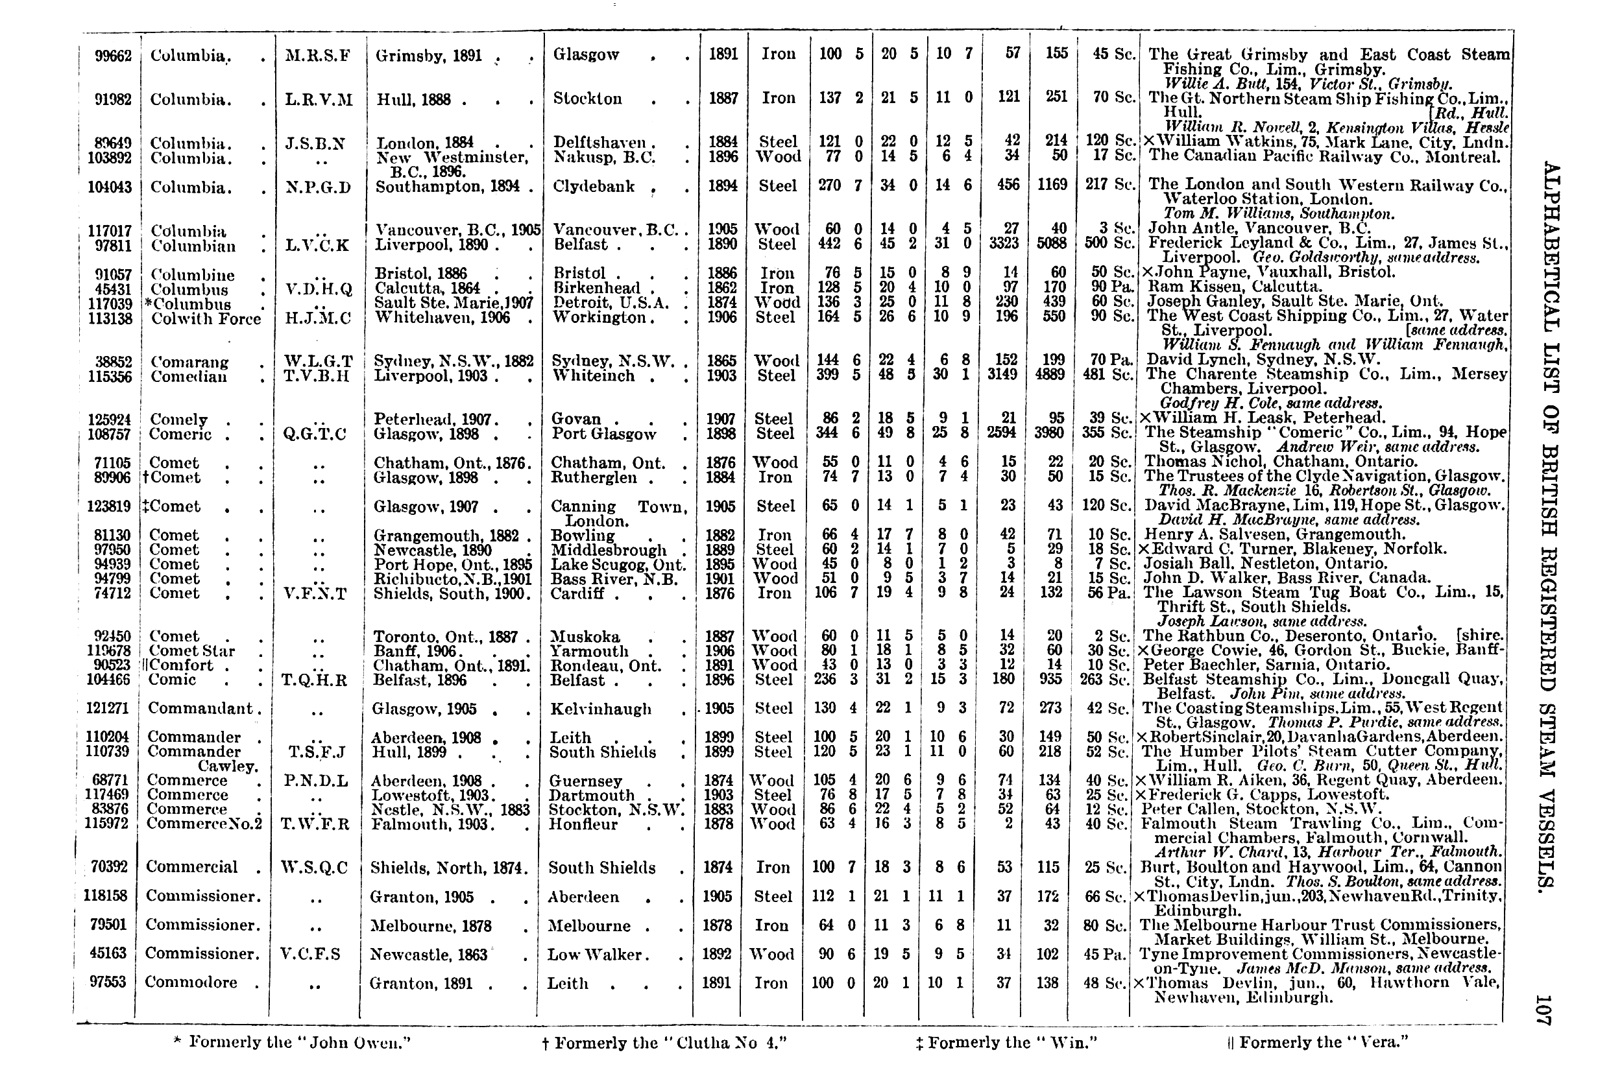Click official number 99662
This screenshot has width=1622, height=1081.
click(111, 55)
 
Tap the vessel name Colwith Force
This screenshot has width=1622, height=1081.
click(206, 318)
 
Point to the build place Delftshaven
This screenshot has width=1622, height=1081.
click(599, 143)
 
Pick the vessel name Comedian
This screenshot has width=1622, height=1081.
click(189, 376)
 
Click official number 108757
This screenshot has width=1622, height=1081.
click(110, 434)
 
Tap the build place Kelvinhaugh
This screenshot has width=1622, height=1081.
click(601, 709)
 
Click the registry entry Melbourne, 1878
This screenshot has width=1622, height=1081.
click(430, 926)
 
